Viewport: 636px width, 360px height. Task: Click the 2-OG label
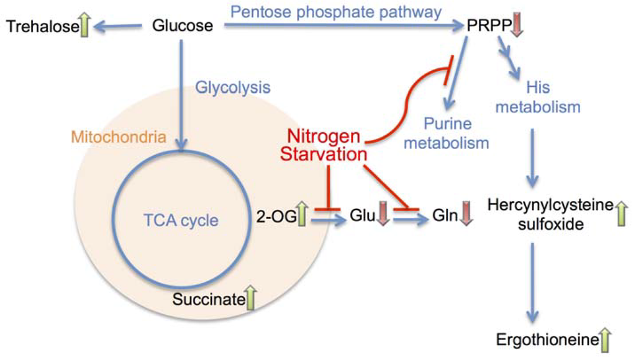click(275, 217)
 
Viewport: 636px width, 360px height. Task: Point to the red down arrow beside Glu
click(383, 216)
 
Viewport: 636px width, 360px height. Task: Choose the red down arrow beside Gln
click(467, 216)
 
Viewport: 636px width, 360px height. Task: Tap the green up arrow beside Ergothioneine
click(606, 340)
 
